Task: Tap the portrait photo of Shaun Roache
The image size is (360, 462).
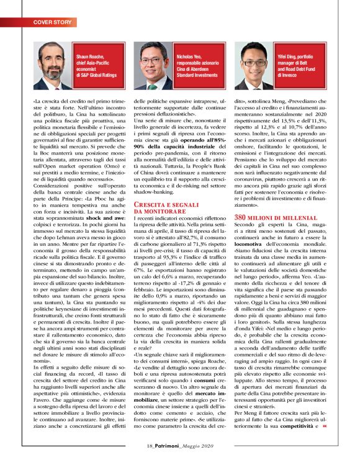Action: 53,68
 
